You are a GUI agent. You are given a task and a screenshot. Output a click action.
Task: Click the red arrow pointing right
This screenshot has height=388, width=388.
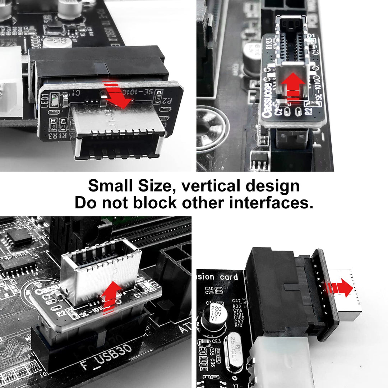341,287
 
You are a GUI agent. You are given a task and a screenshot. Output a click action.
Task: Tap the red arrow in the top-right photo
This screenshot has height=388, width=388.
293,84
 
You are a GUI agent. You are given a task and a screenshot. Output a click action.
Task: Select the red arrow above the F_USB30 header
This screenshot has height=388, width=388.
111,293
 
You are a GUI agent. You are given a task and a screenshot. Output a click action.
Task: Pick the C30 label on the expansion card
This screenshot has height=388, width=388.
210,289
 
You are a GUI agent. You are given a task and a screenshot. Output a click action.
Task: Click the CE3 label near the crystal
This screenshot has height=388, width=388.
216,341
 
